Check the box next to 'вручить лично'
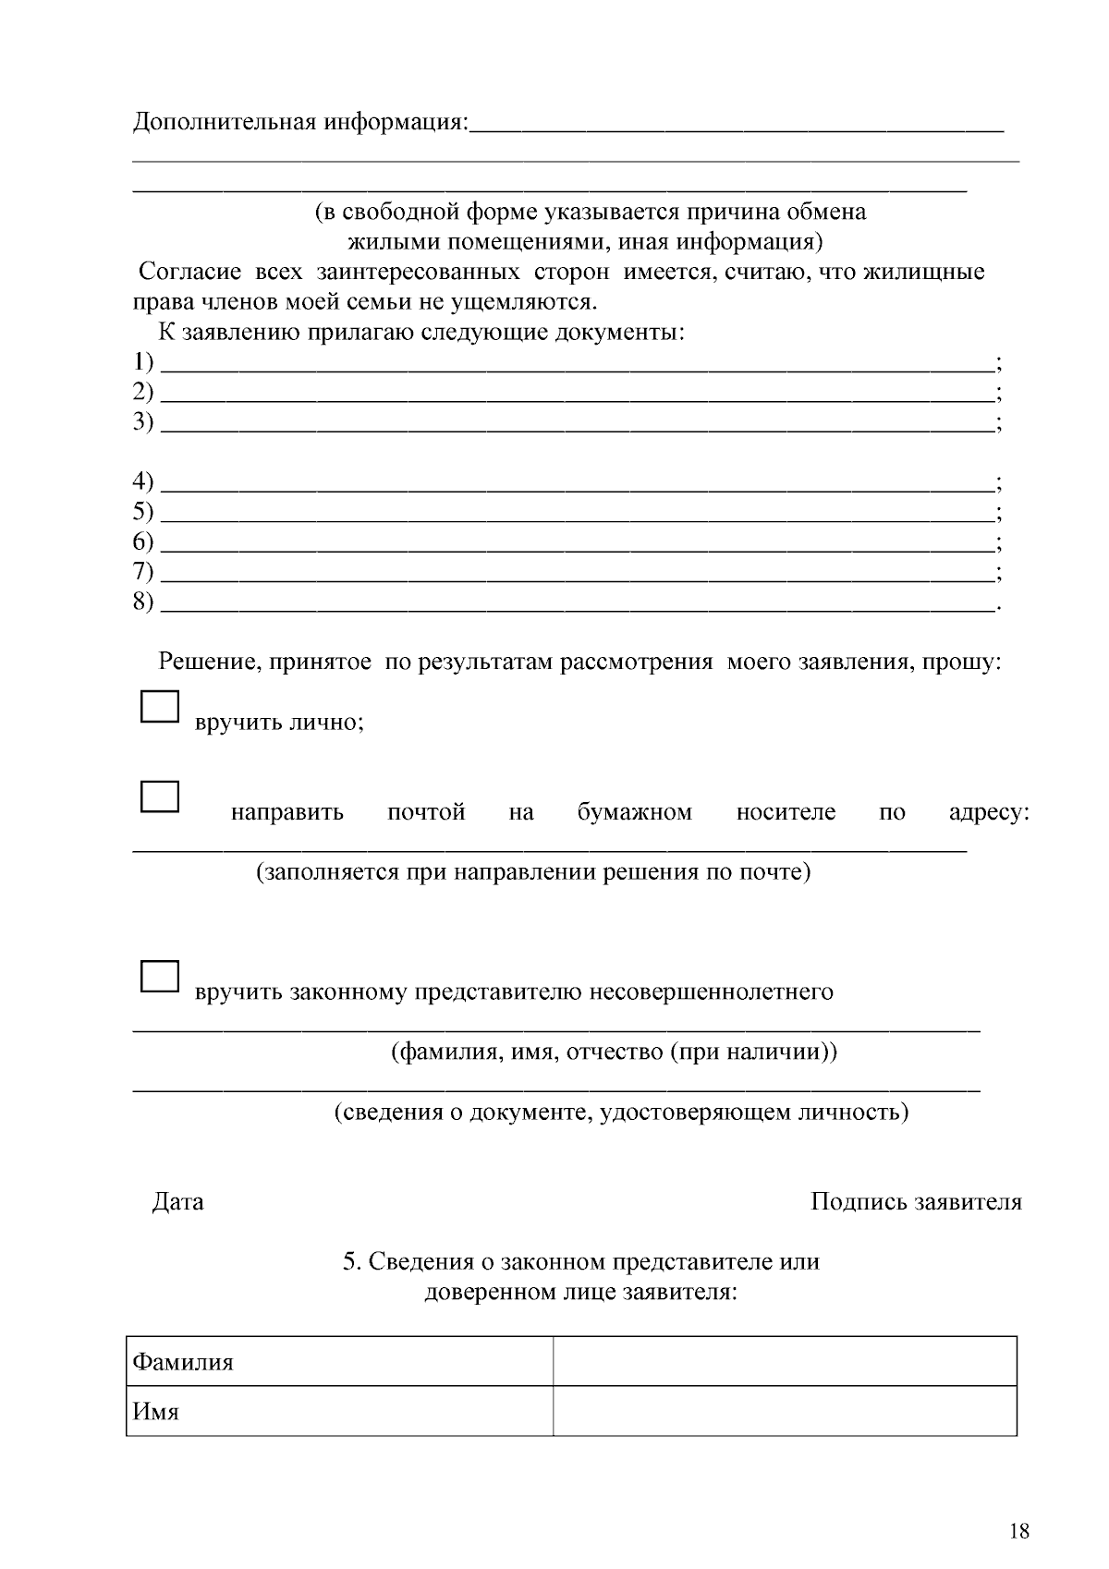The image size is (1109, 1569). coord(159,707)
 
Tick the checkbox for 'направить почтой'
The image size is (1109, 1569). coord(159,797)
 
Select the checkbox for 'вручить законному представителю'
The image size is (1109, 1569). coord(159,977)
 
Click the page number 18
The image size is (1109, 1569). coord(1019,1531)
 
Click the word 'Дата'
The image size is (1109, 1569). coord(177,1202)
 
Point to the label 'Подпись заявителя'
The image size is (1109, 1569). coord(916,1202)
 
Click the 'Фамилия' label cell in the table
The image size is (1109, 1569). coord(339,1361)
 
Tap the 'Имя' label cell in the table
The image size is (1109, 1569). coord(339,1411)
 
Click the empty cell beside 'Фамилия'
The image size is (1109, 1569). coord(785,1361)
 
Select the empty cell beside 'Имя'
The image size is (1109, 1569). coord(785,1411)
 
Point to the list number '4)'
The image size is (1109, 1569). coord(143,481)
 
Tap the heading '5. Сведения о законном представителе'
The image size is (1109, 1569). coord(581,1262)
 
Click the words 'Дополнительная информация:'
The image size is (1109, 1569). coord(301,122)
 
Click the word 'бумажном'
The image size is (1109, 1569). coord(634,812)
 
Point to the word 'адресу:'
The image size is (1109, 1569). coord(989,812)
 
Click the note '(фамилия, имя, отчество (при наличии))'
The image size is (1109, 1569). coord(614,1052)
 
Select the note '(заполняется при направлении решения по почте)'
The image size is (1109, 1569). coord(533,871)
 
